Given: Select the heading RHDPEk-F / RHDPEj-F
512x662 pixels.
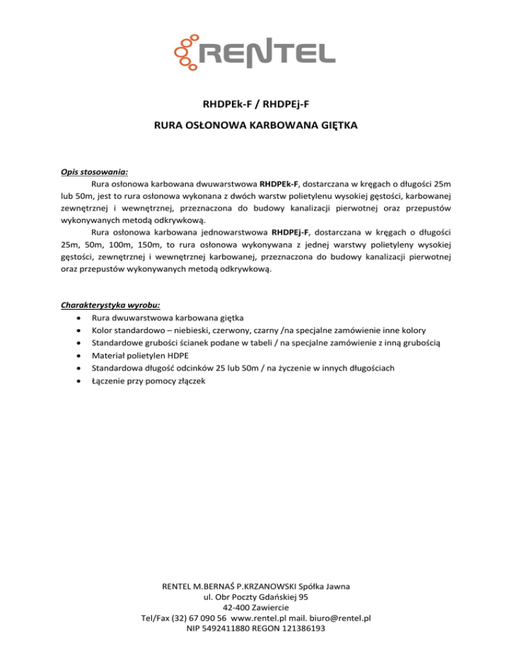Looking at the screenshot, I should point(256,103).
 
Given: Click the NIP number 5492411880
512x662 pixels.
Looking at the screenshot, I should point(229,628).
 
